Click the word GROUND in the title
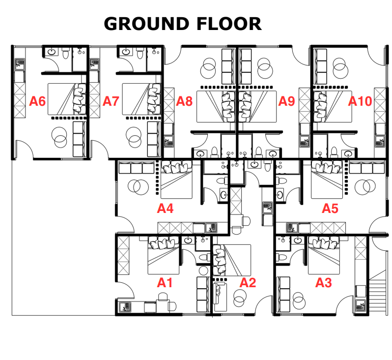click(x=146, y=24)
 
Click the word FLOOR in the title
click(x=229, y=24)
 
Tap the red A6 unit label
click(x=37, y=101)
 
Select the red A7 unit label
click(x=111, y=101)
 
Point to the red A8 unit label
click(x=184, y=101)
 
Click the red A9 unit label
click(x=287, y=101)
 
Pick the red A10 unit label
click(x=360, y=101)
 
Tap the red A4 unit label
click(x=165, y=209)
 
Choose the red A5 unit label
click(x=330, y=209)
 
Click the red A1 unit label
click(x=165, y=283)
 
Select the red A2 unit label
click(x=248, y=283)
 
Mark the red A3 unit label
click(x=324, y=283)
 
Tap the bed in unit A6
click(x=67, y=99)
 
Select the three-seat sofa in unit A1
click(x=203, y=295)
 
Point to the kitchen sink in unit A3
click(x=361, y=306)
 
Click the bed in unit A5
click(x=327, y=180)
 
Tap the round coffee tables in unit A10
click(x=340, y=67)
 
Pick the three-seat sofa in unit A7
click(x=153, y=139)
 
